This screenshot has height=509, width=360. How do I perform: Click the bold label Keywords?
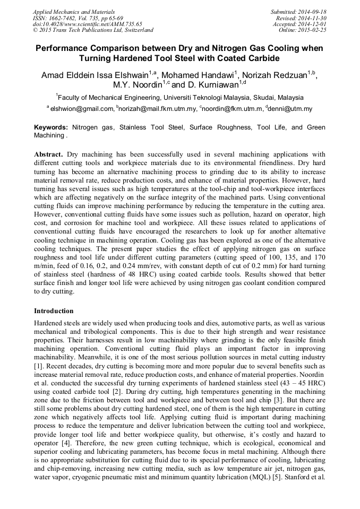coord(51,128)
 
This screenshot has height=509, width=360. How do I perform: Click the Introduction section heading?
coord(54,310)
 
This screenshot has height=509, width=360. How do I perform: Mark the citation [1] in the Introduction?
coord(38,366)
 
